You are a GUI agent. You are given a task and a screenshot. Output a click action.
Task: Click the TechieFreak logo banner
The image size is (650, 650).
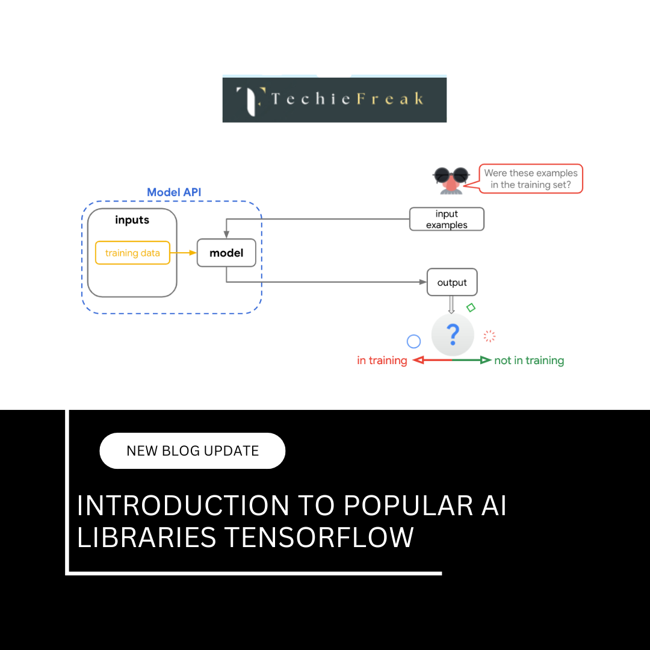335,99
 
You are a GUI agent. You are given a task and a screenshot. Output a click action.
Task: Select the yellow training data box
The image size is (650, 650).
132,253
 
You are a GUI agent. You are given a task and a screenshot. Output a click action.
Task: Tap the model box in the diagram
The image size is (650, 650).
226,253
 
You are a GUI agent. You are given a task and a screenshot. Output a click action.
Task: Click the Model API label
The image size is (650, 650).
174,193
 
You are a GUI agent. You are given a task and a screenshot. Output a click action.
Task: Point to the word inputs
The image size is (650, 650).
132,220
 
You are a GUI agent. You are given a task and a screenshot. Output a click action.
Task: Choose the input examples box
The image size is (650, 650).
447,220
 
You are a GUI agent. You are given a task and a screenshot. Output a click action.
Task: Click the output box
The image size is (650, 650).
452,283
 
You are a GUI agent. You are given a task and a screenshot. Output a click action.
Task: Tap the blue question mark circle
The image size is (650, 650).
453,334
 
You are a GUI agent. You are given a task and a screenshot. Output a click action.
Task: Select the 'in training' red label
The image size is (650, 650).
382,361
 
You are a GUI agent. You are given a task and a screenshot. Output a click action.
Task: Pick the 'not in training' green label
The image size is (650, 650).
529,361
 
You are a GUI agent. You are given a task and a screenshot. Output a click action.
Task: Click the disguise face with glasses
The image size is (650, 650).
451,179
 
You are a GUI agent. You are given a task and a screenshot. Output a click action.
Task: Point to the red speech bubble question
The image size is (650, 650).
531,179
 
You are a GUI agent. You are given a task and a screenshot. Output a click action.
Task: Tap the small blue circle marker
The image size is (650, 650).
413,342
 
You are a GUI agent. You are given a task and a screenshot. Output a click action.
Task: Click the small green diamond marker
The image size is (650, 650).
471,308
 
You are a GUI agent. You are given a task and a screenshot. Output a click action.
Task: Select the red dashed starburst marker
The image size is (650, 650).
490,336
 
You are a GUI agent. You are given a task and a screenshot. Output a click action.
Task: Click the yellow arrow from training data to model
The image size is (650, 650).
184,253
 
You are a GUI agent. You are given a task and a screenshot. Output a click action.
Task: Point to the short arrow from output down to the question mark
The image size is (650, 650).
451,305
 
